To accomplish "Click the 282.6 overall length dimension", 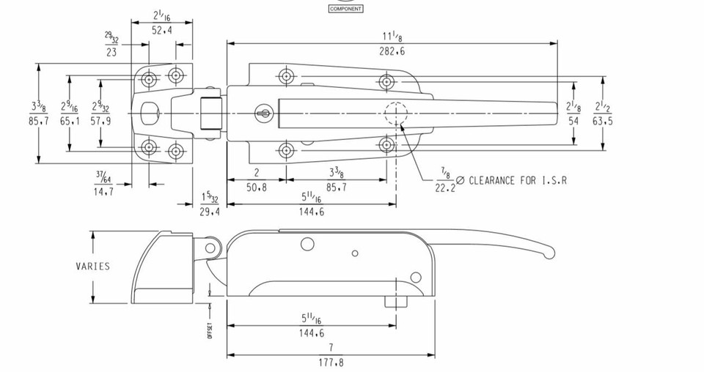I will [392, 51].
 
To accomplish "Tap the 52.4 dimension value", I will [162, 30].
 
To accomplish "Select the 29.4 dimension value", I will [210, 212].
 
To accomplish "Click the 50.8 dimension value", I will [256, 187].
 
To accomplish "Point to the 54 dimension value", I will [574, 121].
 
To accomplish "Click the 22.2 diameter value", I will [444, 187].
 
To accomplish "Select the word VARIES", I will [93, 266].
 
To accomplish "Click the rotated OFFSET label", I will [210, 330].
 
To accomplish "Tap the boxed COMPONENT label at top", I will [346, 9].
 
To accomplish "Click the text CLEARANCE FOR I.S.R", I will [518, 180].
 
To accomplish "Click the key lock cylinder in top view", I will [264, 113].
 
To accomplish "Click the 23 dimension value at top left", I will [111, 53].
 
